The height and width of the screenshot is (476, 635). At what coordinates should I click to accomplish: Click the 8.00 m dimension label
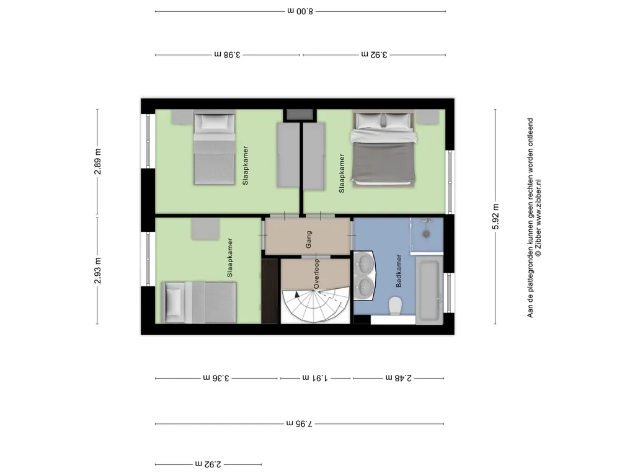(300, 11)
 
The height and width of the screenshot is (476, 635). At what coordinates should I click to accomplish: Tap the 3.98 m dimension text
(227, 55)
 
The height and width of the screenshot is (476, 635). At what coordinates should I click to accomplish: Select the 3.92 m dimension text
(374, 55)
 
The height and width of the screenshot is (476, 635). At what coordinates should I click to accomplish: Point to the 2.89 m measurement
(97, 162)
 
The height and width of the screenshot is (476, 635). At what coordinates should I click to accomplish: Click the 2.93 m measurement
(97, 270)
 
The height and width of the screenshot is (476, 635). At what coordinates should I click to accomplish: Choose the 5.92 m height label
(495, 216)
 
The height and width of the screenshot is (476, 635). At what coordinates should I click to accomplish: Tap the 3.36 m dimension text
(216, 378)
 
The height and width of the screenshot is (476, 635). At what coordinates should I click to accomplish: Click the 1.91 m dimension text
(315, 378)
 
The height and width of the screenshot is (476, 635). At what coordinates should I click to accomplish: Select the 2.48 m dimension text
(399, 378)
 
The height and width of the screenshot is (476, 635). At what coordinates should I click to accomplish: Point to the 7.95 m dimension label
(300, 424)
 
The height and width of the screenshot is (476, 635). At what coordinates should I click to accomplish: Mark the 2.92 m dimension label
(208, 464)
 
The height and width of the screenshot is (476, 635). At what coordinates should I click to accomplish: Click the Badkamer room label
(399, 271)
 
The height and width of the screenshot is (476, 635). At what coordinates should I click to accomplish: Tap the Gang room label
(309, 240)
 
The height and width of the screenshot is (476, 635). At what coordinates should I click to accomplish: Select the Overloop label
(317, 274)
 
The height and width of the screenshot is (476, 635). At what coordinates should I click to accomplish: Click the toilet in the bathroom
(394, 306)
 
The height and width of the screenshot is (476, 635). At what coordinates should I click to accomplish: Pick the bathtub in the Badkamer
(429, 291)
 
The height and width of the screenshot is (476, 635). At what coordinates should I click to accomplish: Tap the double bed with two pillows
(383, 149)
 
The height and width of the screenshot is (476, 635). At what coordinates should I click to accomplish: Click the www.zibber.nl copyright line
(538, 218)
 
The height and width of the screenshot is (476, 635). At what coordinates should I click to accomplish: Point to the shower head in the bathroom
(426, 234)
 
